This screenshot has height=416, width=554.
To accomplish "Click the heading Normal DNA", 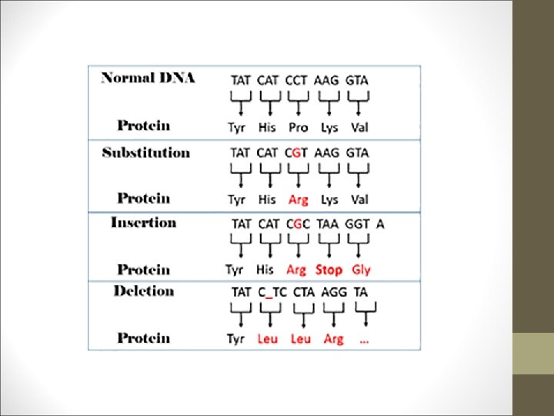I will pyautogui.click(x=149, y=78).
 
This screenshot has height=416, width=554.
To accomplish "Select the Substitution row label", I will pyautogui.click(x=146, y=153).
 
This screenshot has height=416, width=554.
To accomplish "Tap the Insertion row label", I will pyautogui.click(x=143, y=223).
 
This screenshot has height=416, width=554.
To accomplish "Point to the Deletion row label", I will pyautogui.click(x=143, y=291).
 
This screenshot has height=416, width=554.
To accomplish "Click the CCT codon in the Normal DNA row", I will pyautogui.click(x=296, y=79).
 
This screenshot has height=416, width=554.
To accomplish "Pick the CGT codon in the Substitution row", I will pyautogui.click(x=296, y=153).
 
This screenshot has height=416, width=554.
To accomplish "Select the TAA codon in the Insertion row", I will pyautogui.click(x=329, y=223).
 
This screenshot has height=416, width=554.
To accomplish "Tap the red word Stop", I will pyautogui.click(x=329, y=270).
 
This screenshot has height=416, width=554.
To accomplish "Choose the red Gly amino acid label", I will pyautogui.click(x=361, y=270).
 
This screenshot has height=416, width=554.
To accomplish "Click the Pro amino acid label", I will pyautogui.click(x=298, y=126).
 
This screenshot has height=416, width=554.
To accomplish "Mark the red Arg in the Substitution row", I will pyautogui.click(x=298, y=200).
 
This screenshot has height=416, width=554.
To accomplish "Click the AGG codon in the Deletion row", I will pyautogui.click(x=333, y=292).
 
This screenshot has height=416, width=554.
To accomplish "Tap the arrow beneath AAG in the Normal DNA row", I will pyautogui.click(x=329, y=102).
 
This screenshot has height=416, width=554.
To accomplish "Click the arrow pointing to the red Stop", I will pyautogui.click(x=329, y=247).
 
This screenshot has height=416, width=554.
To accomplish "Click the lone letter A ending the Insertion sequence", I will pyautogui.click(x=380, y=223).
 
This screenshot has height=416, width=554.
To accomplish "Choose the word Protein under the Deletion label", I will pyautogui.click(x=144, y=337).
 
